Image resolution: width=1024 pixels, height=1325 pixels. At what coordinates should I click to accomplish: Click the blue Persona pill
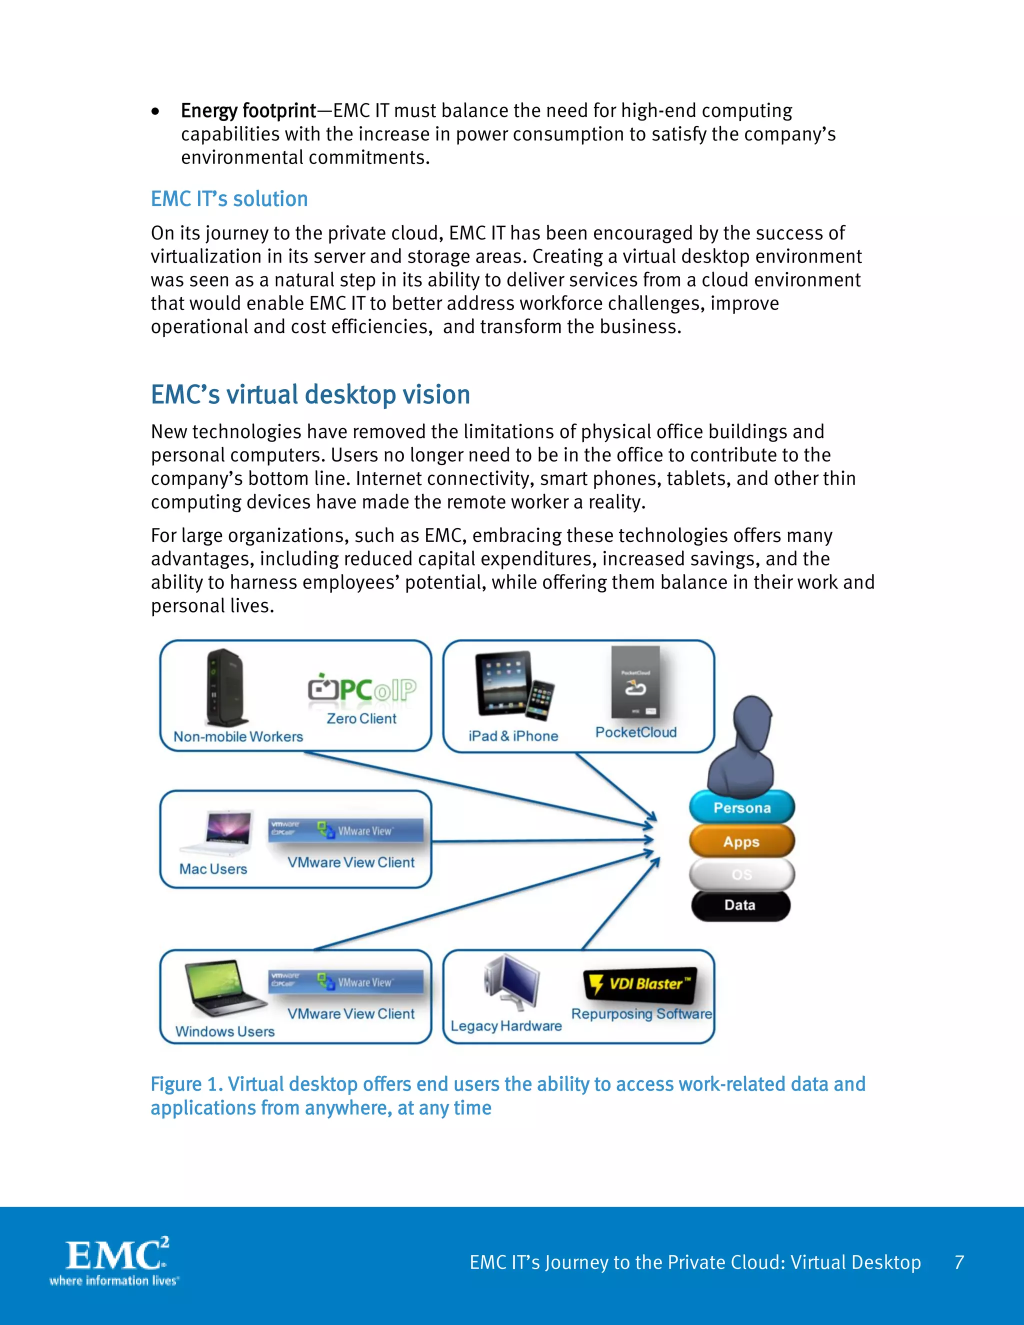pos(741,808)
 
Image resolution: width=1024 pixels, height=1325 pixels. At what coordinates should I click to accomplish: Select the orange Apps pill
pos(741,842)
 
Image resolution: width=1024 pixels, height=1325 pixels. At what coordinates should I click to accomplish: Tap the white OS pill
pos(741,874)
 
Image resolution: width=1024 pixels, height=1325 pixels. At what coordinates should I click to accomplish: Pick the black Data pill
pos(740,905)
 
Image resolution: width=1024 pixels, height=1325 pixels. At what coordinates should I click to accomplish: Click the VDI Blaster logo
pos(640,983)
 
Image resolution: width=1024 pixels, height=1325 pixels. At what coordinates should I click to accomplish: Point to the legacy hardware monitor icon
pos(512,981)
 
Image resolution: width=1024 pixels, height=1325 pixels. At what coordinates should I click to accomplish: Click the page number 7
pos(959,1262)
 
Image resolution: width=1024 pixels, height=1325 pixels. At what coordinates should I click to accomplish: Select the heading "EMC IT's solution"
pos(229,199)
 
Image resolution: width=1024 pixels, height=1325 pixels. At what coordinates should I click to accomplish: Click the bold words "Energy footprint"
pos(248,111)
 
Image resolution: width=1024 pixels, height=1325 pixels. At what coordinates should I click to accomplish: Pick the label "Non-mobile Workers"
pos(238,736)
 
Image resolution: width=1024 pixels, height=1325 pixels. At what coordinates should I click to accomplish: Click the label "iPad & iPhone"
pos(513,736)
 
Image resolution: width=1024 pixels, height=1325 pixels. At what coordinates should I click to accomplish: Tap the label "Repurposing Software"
pos(641,1014)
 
